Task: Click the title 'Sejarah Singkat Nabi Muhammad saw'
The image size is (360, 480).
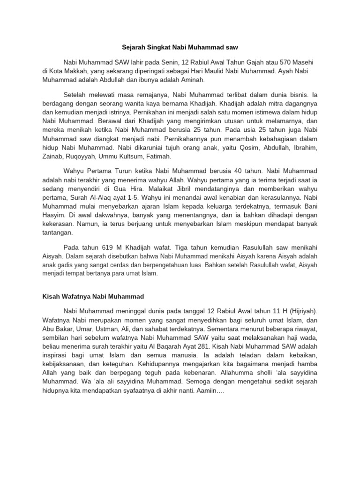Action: click(180, 47)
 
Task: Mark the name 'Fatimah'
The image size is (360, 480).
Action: click(158, 157)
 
